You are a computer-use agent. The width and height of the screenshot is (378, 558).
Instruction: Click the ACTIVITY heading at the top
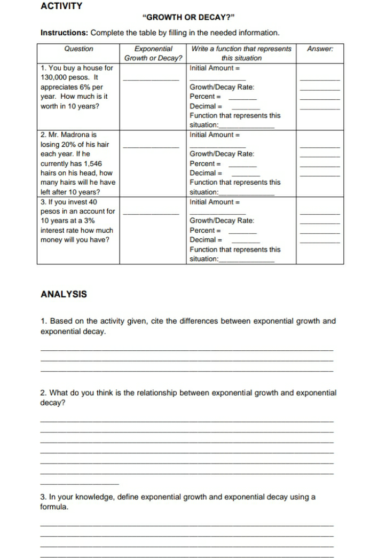point(61,6)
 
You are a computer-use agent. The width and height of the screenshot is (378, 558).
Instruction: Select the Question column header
point(78,49)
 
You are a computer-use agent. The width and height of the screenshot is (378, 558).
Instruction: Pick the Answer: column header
point(320,49)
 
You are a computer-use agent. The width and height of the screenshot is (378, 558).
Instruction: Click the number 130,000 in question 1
point(54,77)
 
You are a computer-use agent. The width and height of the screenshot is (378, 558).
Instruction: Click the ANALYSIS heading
point(63,294)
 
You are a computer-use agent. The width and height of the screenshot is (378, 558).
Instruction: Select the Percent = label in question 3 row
point(206,230)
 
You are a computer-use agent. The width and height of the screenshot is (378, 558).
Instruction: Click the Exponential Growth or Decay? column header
point(153,53)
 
